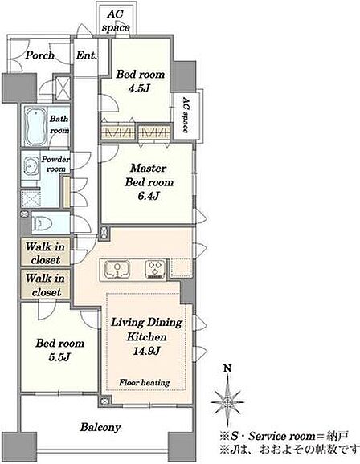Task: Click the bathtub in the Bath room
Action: (36, 126)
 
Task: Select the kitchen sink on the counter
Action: (117, 269)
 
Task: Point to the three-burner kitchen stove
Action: (155, 269)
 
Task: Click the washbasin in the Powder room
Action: (31, 166)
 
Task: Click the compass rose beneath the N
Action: (227, 401)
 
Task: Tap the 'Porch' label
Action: (39, 55)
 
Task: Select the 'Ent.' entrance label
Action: (86, 55)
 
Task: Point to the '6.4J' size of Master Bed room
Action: (149, 196)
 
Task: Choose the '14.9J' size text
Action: (147, 351)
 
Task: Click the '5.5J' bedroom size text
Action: (59, 357)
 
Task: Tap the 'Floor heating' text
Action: (145, 383)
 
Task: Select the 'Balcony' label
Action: (100, 427)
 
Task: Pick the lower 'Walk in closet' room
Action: (45, 285)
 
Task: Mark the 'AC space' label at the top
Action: (116, 21)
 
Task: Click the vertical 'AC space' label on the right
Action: (185, 115)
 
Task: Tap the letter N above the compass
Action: (227, 368)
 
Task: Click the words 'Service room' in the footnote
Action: (282, 436)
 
